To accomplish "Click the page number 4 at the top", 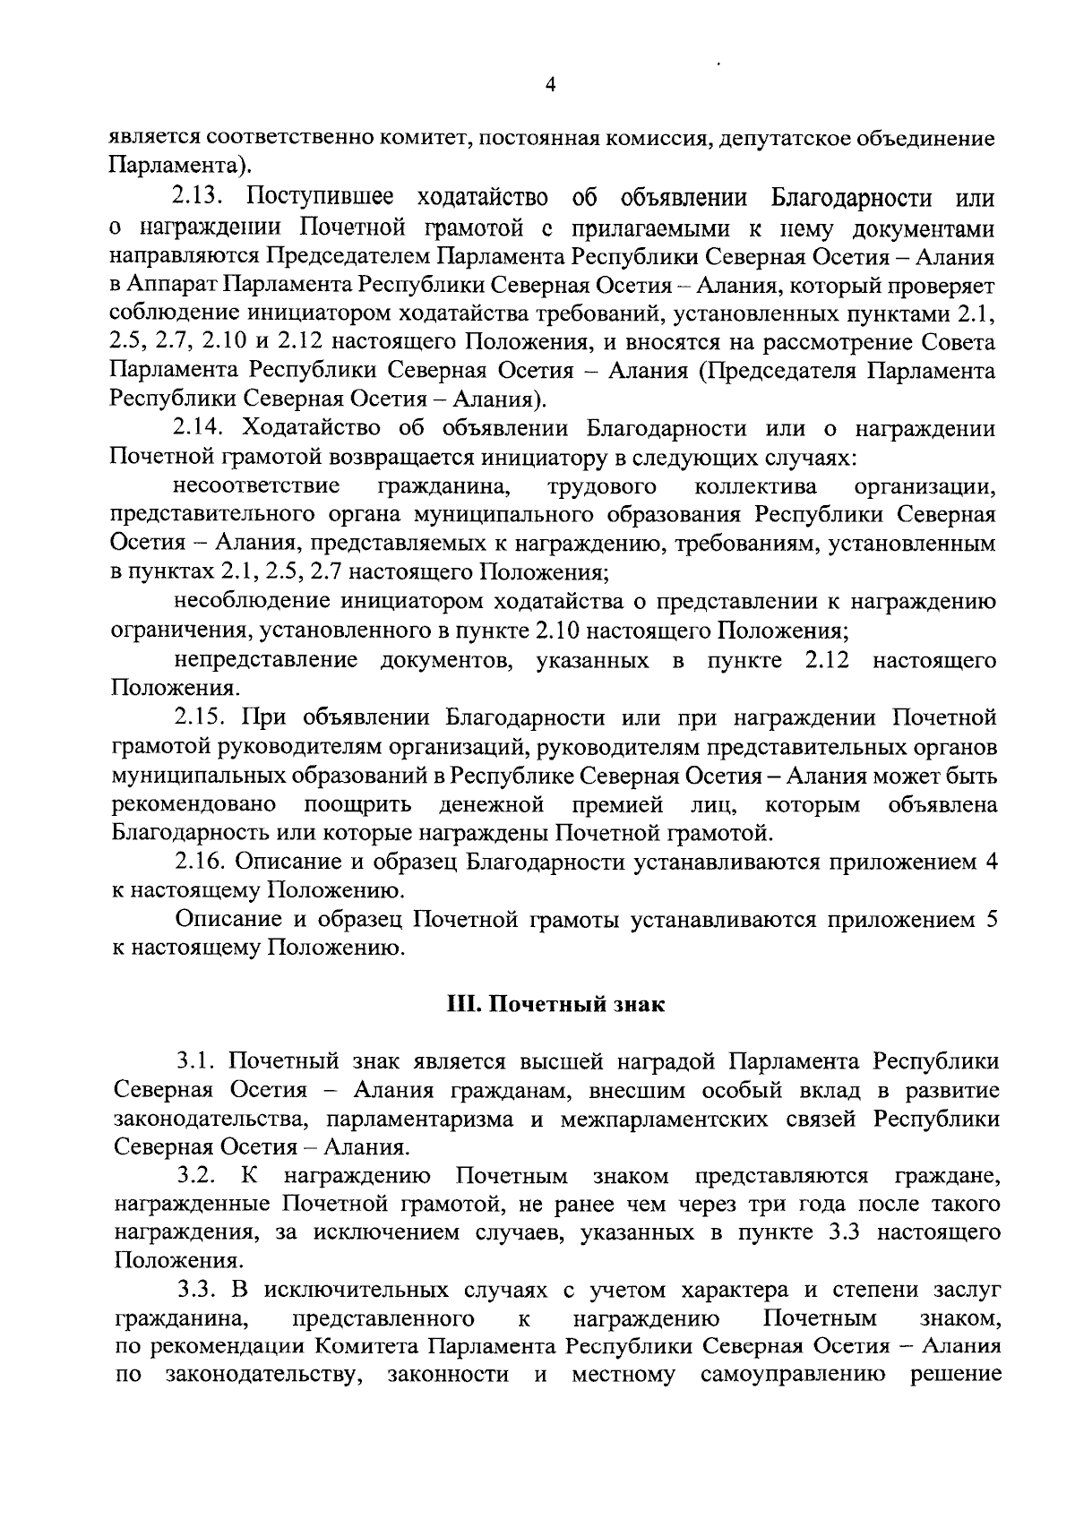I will pyautogui.click(x=550, y=85).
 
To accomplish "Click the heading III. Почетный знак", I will pyautogui.click(x=555, y=1004).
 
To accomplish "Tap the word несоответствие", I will pyautogui.click(x=257, y=486).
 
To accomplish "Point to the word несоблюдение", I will pyautogui.click(x=255, y=602).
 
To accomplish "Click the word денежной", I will pyautogui.click(x=492, y=803).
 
